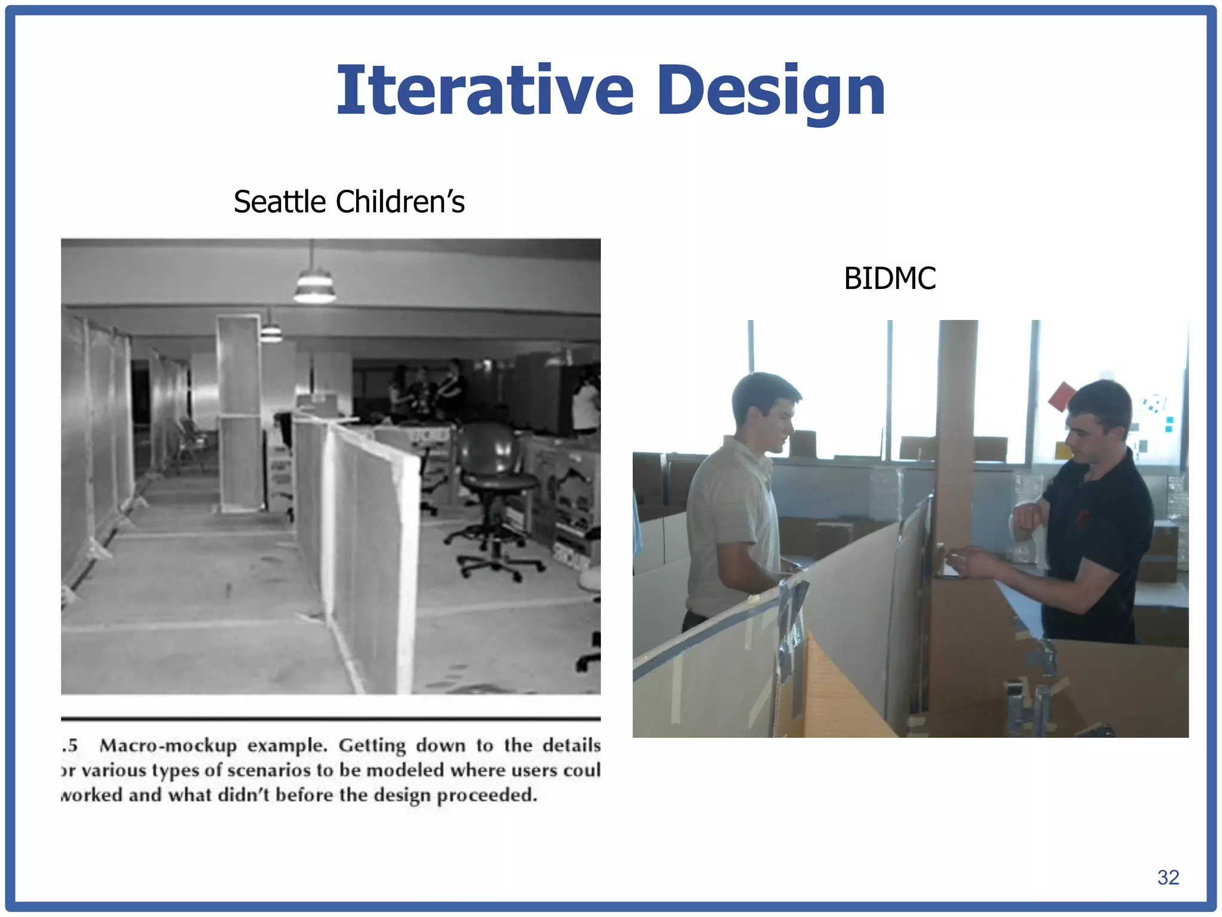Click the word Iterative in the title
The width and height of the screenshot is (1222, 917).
pyautogui.click(x=485, y=91)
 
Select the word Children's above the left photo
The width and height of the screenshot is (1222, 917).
pyautogui.click(x=400, y=202)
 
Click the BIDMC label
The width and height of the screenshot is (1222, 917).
pyautogui.click(x=889, y=278)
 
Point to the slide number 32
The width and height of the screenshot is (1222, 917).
pyautogui.click(x=1168, y=877)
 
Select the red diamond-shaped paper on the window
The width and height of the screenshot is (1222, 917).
pyautogui.click(x=1061, y=397)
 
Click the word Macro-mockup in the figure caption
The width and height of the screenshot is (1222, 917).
pyautogui.click(x=168, y=746)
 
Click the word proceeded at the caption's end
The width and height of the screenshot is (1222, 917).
pyautogui.click(x=487, y=795)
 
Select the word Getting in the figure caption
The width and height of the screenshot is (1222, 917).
pyautogui.click(x=372, y=746)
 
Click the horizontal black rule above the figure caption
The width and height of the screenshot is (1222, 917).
pyautogui.click(x=331, y=719)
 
